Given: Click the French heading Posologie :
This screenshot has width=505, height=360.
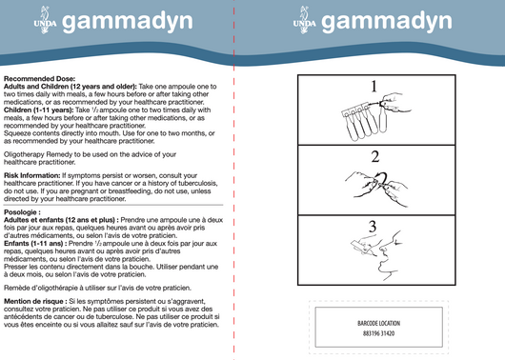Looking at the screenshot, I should (x=24, y=211).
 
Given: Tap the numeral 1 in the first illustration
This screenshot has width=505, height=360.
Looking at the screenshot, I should (x=375, y=88).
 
